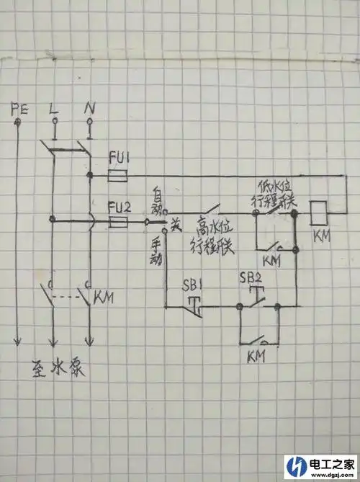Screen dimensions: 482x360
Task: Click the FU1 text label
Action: (x=120, y=157)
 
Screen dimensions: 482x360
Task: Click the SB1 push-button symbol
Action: (x=193, y=301)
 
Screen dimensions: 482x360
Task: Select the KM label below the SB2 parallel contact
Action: (x=256, y=356)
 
